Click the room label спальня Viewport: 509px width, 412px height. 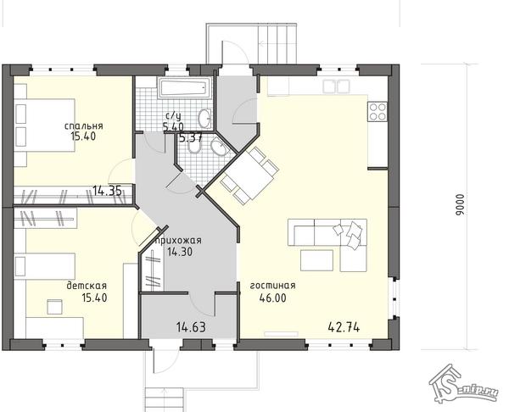tap(84, 125)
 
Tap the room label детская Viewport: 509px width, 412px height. tap(87, 286)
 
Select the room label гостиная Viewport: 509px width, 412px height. tap(272, 286)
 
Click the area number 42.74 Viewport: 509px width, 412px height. tap(344, 327)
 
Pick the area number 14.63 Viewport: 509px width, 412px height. tap(191, 327)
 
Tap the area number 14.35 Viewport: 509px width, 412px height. tap(108, 191)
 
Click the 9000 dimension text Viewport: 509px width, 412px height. tap(460, 204)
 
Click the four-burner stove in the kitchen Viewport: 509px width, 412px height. tap(378, 112)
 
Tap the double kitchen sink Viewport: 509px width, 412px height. tap(336, 86)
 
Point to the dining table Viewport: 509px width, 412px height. tap(249, 175)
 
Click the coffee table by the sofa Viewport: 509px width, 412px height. tap(316, 260)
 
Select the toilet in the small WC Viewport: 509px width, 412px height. tap(194, 147)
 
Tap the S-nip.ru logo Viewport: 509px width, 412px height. tap(463, 384)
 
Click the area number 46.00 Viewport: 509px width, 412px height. tap(272, 298)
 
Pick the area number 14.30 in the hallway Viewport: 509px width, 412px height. tap(180, 252)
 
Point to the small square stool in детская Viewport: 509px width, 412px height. tap(55, 307)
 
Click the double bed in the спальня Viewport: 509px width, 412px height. tap(44, 125)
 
